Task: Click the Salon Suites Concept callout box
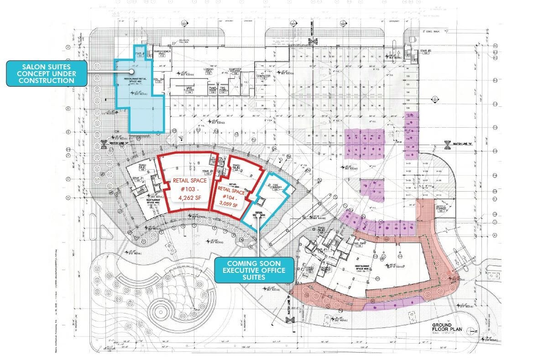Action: [x=47, y=73]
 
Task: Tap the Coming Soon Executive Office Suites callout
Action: [x=254, y=271]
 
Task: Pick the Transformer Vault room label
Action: [x=162, y=53]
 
